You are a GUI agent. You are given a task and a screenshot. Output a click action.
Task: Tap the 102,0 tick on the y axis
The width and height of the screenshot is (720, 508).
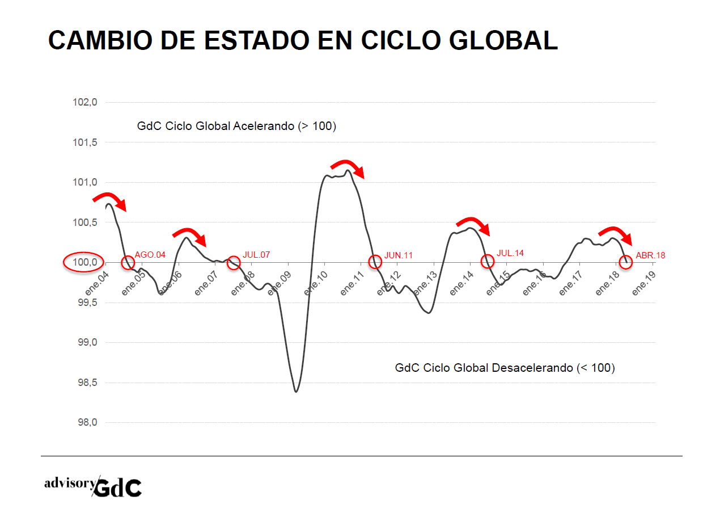86,103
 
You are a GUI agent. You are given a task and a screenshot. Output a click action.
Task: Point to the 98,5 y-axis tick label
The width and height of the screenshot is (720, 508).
86,383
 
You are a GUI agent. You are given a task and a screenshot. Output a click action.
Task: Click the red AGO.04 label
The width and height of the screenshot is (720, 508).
150,255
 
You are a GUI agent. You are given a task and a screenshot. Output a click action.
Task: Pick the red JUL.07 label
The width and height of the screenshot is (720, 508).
257,254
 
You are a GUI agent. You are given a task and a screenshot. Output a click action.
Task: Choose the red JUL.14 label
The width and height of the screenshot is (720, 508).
510,253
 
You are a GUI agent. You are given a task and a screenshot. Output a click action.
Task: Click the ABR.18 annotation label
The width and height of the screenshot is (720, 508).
650,255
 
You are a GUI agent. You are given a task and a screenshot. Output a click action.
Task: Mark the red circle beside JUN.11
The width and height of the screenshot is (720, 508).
375,262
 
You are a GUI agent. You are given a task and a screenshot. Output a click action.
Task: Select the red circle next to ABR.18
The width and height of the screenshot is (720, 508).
625,262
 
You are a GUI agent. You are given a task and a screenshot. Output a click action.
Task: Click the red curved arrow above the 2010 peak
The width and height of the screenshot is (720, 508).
348,167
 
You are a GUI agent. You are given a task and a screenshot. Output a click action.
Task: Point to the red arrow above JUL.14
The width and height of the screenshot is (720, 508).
474,225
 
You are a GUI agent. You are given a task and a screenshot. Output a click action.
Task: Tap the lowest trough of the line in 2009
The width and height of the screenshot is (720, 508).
296,391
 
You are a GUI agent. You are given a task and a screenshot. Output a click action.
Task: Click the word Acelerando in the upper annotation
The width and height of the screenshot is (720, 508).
264,126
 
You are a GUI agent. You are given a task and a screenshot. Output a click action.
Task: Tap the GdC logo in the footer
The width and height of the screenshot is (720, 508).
118,488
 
